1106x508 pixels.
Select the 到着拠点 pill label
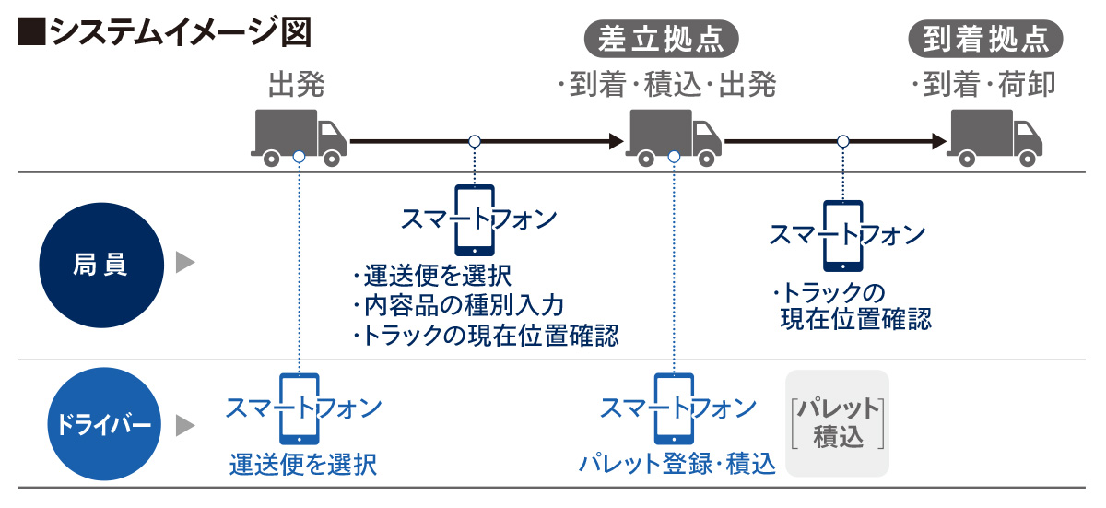[x=985, y=39]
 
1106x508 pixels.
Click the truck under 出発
[x=298, y=136]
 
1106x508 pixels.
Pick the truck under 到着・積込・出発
[x=675, y=136]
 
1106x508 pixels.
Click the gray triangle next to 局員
[x=185, y=265]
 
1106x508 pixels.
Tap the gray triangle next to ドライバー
[x=185, y=425]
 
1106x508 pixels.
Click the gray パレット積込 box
[x=837, y=423]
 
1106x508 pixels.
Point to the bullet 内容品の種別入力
[x=457, y=305]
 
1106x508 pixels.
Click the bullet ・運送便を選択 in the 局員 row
[x=431, y=276]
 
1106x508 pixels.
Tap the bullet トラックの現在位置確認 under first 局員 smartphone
[x=485, y=335]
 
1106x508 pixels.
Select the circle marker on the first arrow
[x=475, y=141]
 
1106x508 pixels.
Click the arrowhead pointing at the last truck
[x=938, y=141]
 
